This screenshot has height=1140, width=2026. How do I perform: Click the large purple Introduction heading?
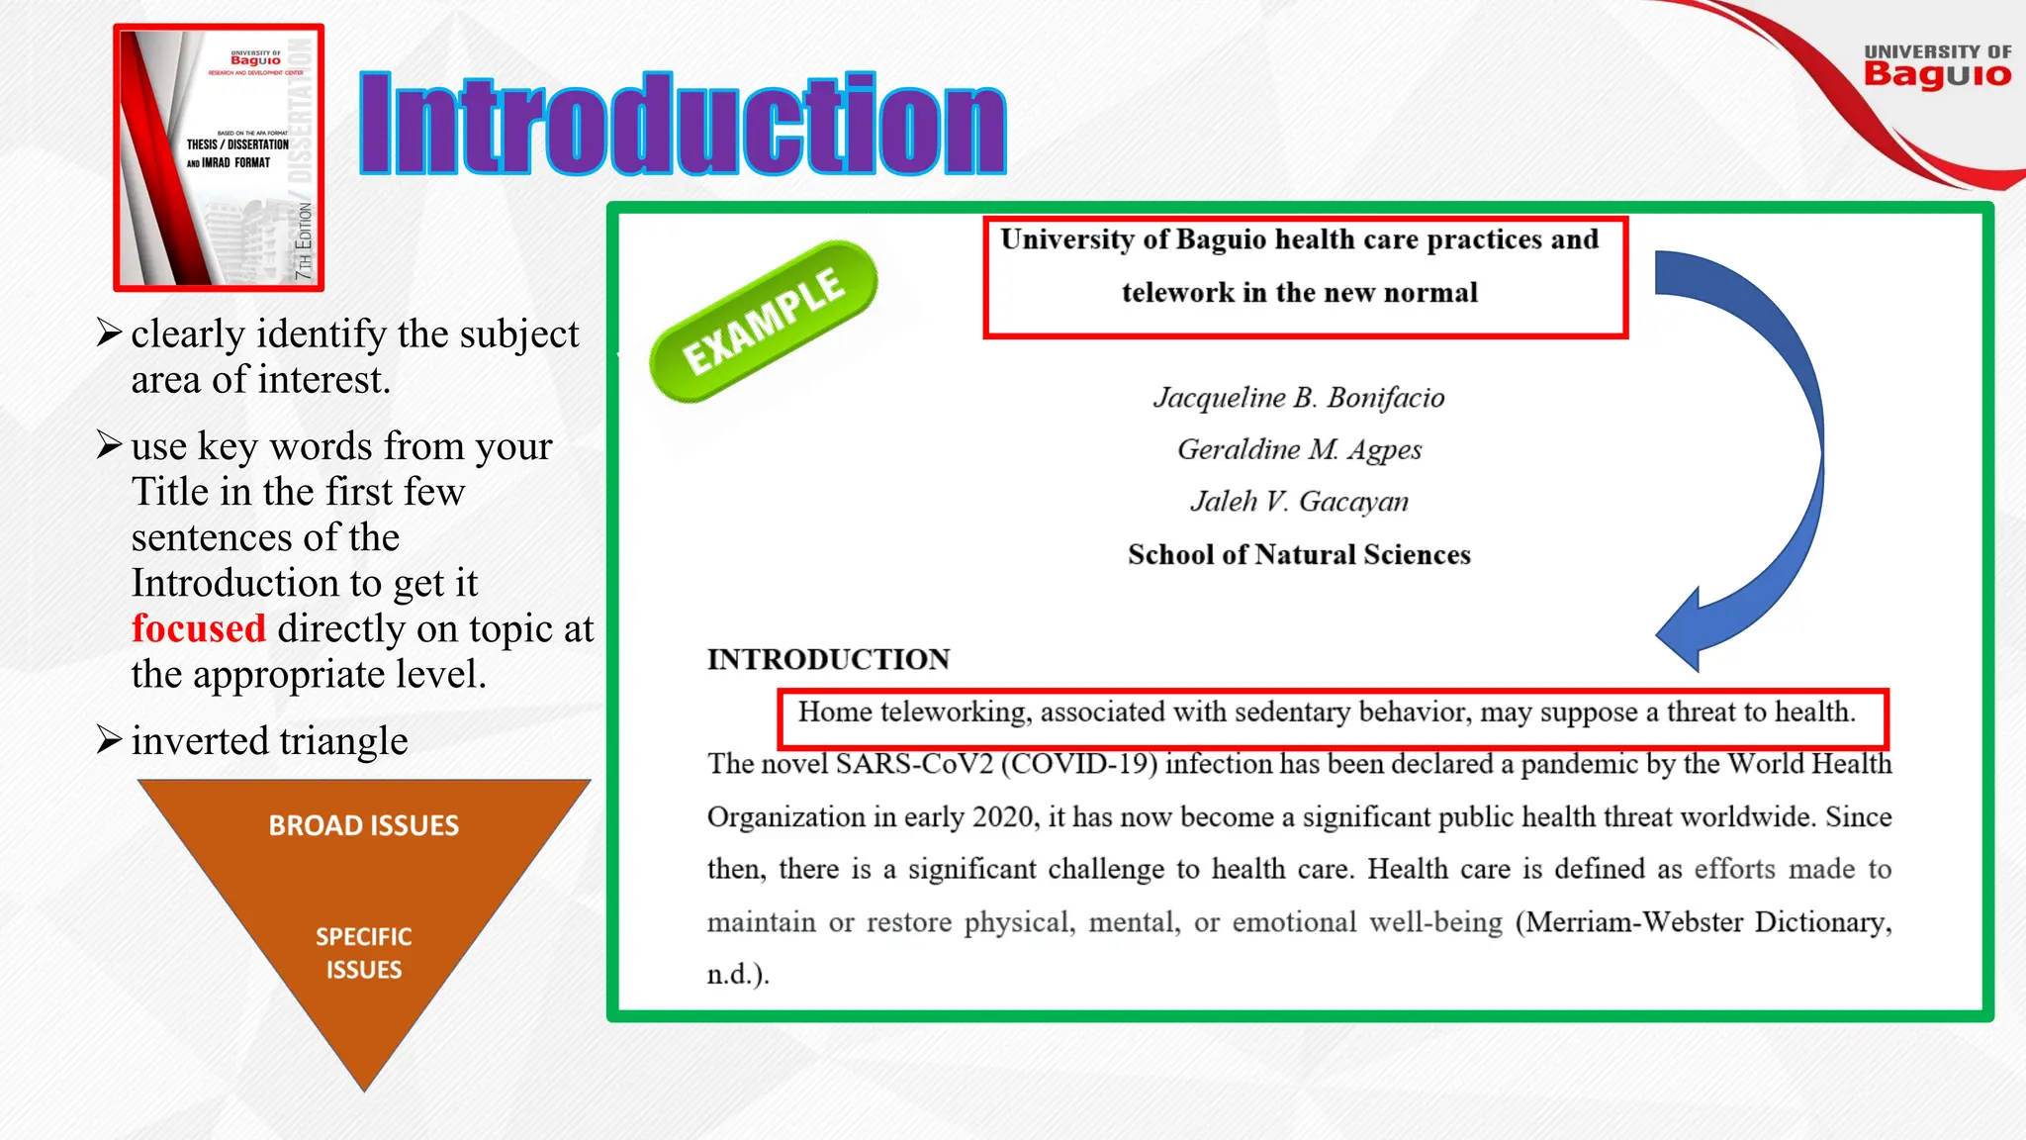pyautogui.click(x=683, y=125)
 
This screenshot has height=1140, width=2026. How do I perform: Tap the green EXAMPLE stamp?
pyautogui.click(x=763, y=322)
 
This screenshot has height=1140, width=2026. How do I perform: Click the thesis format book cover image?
pyautogui.click(x=219, y=158)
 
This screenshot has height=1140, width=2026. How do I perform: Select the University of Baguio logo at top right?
pyautogui.click(x=1936, y=66)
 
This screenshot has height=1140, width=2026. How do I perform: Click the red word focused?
pyautogui.click(x=199, y=628)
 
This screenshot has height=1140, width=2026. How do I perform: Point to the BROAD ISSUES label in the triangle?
pyautogui.click(x=364, y=825)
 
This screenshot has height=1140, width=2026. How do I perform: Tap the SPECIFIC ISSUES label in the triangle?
pyautogui.click(x=364, y=953)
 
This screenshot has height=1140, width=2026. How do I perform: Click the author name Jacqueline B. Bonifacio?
pyautogui.click(x=1299, y=398)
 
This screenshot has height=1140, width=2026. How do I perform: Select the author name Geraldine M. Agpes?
pyautogui.click(x=1299, y=450)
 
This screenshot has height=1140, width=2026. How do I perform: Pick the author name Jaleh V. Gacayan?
pyautogui.click(x=1299, y=502)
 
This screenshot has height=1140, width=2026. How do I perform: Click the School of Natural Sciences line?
pyautogui.click(x=1299, y=554)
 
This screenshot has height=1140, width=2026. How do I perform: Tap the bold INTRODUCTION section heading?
pyautogui.click(x=828, y=659)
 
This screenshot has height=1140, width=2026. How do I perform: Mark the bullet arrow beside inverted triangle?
pyautogui.click(x=109, y=740)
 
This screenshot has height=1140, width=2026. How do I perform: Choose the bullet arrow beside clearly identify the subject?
pyautogui.click(x=109, y=333)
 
